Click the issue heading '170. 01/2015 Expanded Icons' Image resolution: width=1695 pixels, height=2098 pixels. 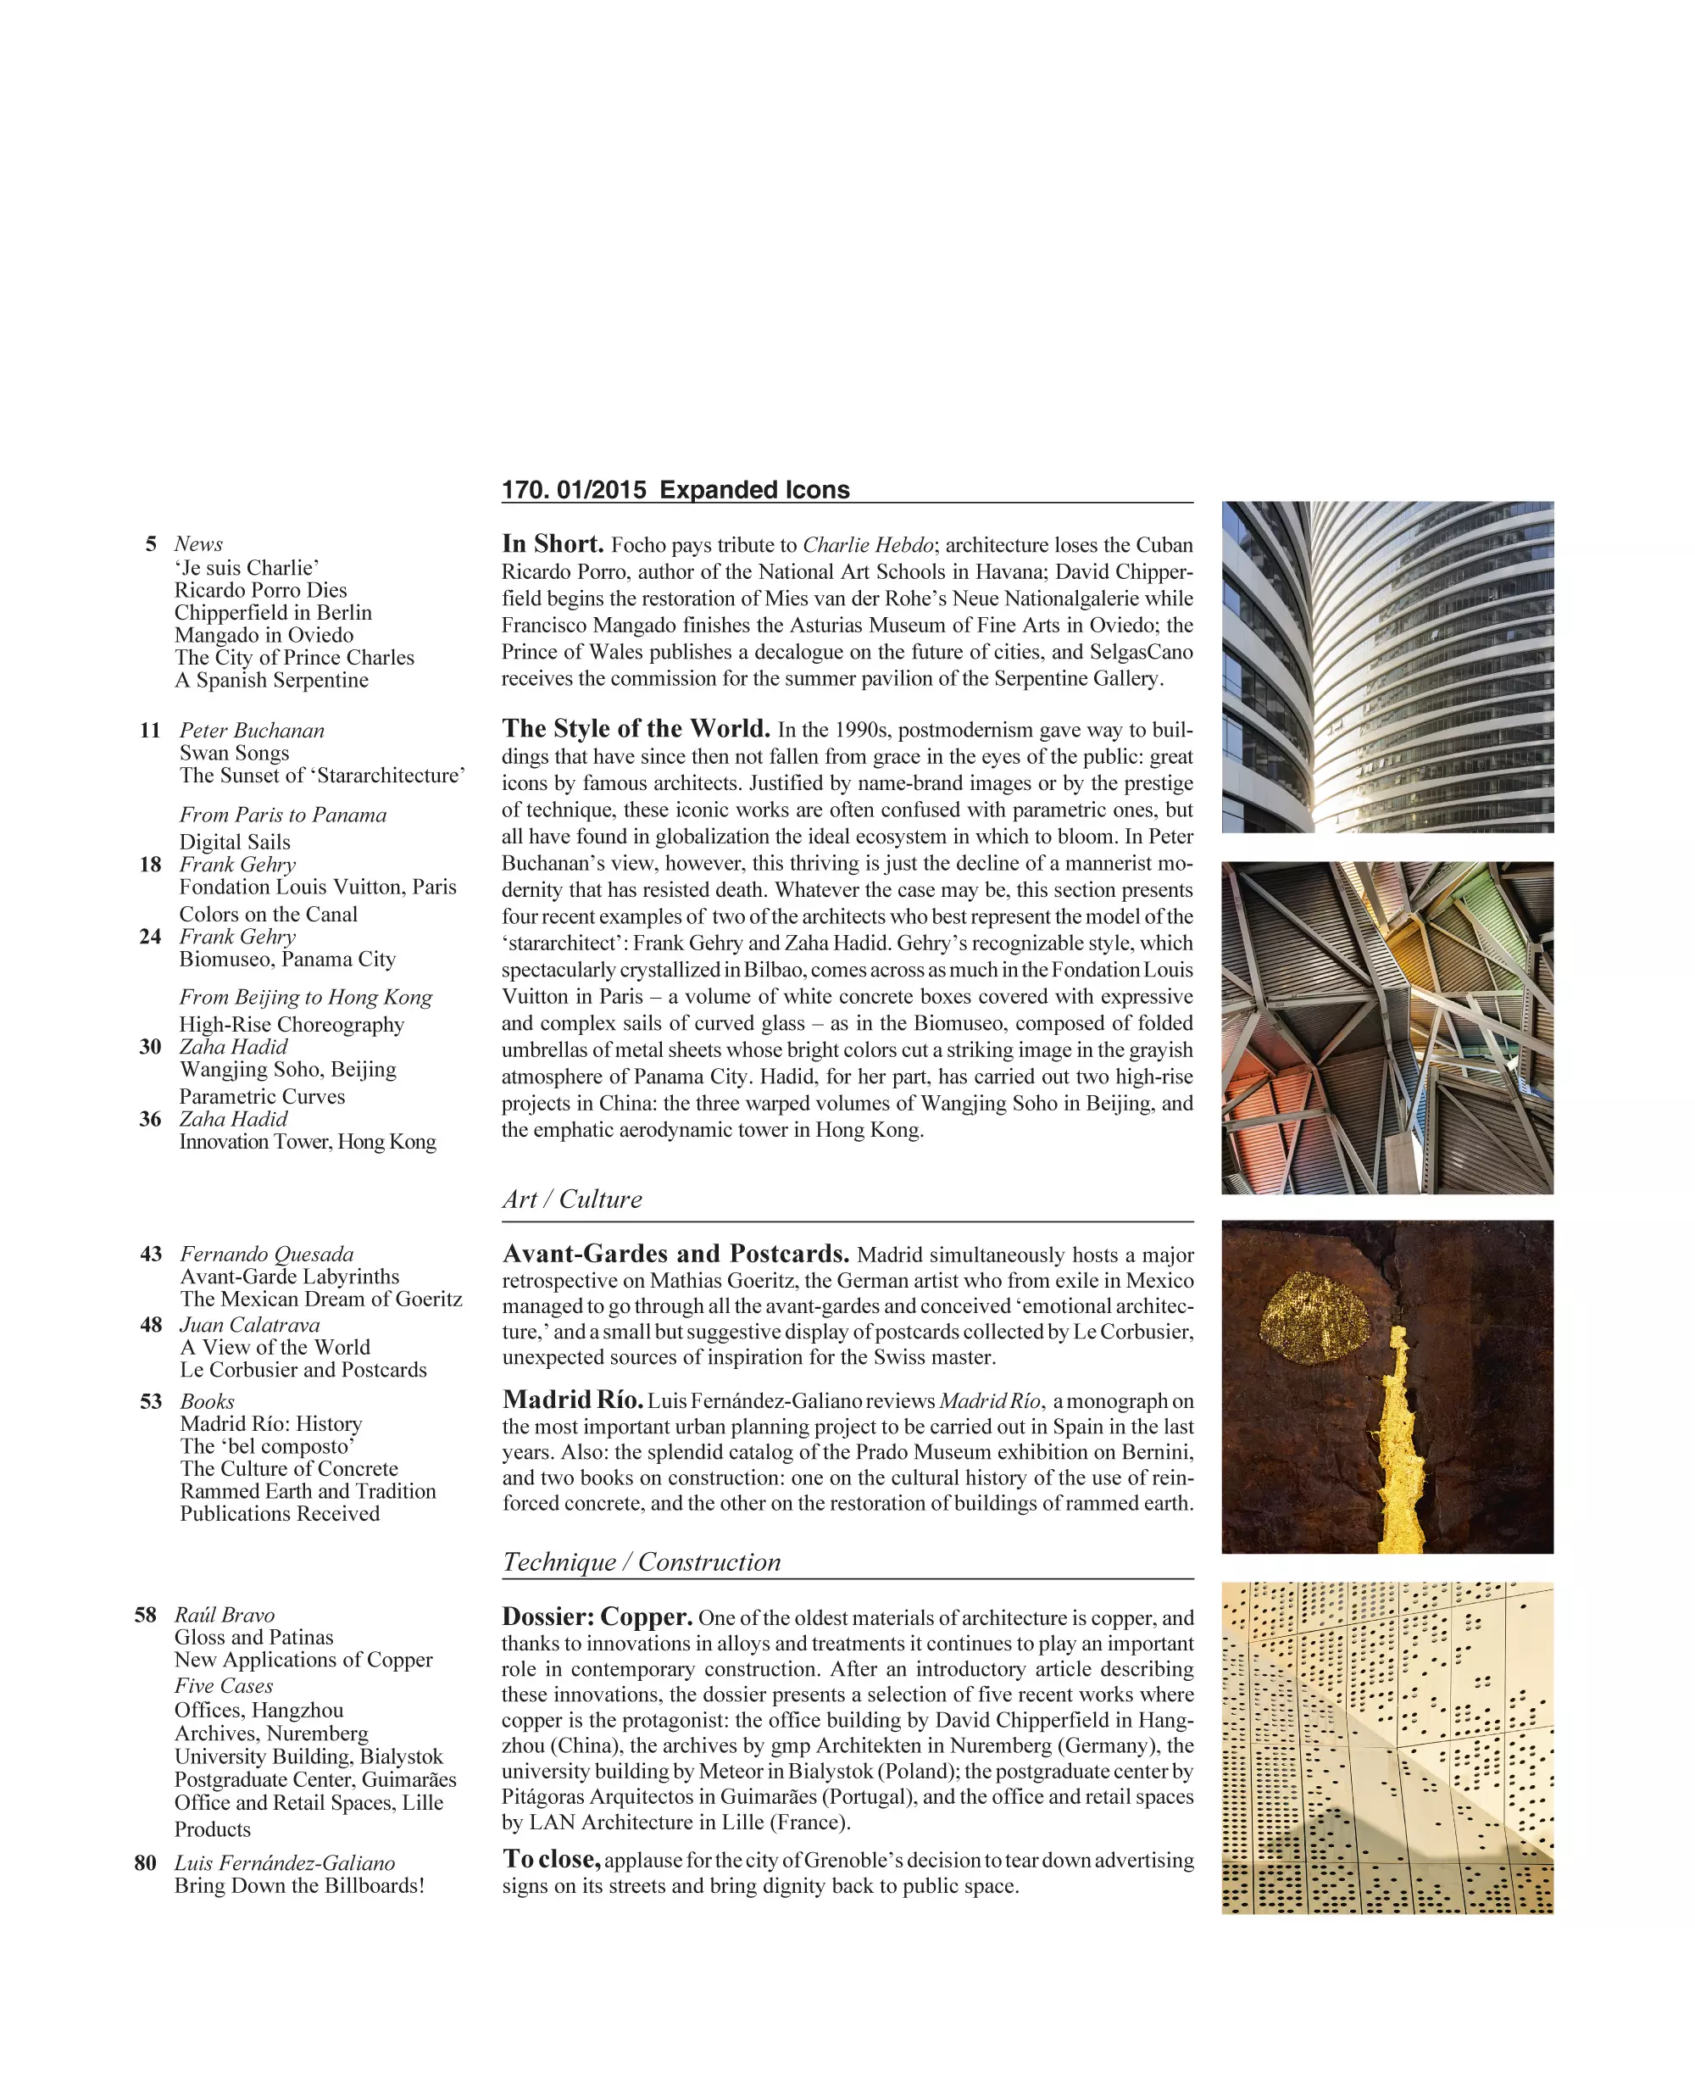675,489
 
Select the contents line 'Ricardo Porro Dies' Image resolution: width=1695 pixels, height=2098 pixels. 261,590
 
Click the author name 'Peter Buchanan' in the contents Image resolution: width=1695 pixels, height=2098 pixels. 252,731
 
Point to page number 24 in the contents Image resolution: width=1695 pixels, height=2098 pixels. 150,937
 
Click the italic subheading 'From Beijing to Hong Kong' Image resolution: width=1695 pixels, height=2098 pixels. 306,997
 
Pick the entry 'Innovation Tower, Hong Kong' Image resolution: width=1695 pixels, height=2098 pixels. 308,1142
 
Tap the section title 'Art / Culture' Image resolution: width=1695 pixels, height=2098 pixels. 572,1199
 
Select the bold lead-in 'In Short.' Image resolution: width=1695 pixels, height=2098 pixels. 553,544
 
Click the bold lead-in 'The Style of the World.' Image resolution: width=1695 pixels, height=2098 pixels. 636,729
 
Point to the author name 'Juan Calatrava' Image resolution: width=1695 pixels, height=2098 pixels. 250,1326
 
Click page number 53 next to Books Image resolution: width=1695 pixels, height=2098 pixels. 152,1401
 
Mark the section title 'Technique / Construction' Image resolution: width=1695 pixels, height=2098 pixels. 642,1561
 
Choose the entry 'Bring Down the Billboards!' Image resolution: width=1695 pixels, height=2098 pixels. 300,1886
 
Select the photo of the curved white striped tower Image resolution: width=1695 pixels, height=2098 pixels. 1387,667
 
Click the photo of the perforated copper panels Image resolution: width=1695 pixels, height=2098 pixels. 1387,1747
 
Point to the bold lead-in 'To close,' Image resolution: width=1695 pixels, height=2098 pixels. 551,1860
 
